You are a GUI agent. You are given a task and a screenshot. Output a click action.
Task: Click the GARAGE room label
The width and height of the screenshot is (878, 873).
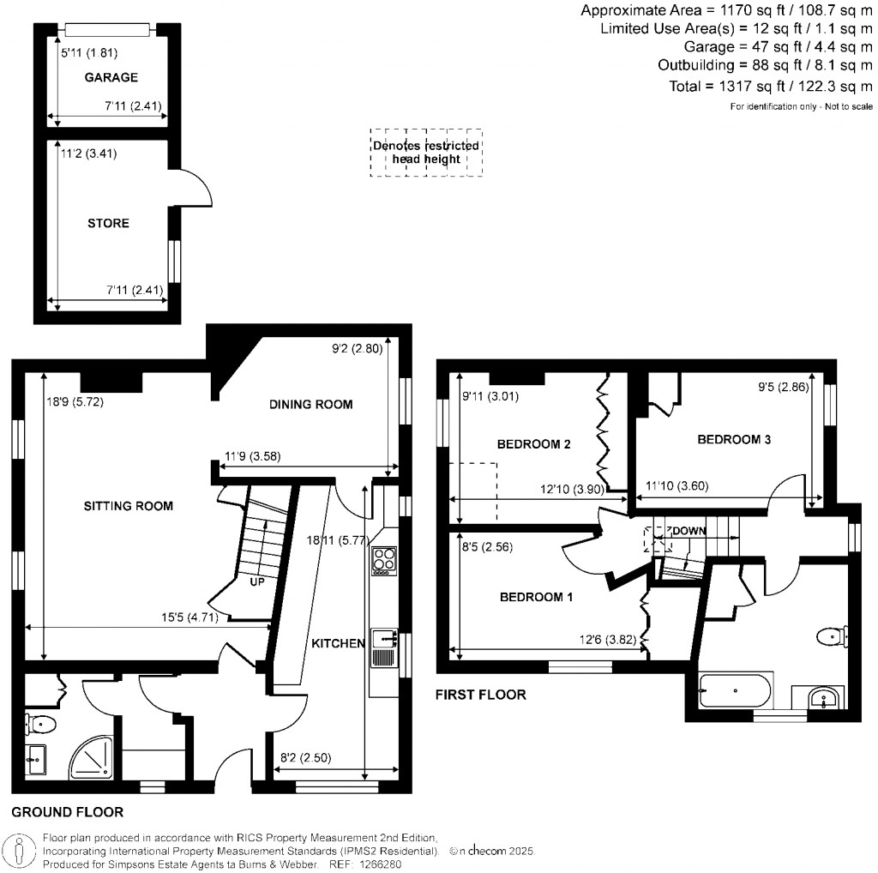(111, 78)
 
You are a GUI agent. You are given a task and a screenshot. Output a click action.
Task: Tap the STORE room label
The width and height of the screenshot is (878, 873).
(108, 224)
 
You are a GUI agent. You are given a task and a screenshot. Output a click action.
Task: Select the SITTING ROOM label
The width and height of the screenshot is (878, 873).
(129, 506)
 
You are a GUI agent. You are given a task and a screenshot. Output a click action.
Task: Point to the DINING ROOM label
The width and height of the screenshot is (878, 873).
(310, 405)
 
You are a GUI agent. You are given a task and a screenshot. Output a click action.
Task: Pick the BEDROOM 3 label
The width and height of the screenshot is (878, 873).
(734, 440)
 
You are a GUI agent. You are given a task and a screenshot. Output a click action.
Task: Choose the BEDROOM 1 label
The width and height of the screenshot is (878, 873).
(536, 597)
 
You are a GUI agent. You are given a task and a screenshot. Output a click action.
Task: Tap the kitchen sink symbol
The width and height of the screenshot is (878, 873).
(382, 648)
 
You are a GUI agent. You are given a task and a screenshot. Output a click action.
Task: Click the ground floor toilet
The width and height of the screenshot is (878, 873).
(40, 725)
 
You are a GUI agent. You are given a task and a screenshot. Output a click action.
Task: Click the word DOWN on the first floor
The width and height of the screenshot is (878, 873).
(689, 531)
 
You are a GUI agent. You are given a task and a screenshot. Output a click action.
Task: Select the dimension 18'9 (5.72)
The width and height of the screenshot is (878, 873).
(76, 401)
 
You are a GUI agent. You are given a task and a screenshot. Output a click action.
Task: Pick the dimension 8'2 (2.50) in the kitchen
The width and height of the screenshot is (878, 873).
(308, 758)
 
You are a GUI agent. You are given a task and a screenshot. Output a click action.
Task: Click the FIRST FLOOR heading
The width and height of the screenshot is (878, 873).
(480, 695)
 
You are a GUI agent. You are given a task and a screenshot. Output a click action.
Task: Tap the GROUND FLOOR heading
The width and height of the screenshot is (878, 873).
(68, 811)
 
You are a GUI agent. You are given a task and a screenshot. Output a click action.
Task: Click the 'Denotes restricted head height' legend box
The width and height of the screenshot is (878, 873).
(426, 153)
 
